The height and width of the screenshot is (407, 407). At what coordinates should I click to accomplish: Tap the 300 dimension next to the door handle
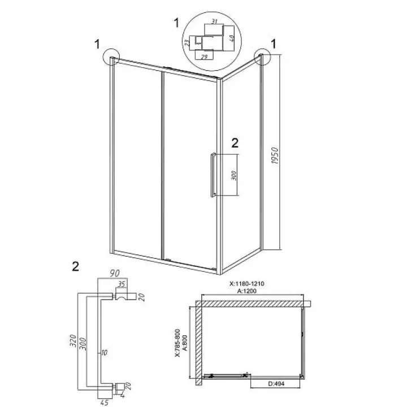pos(233,175)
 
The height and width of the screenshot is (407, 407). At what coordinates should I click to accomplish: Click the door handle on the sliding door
pos(211,175)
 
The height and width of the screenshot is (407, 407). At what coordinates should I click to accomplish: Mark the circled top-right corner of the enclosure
pos(262,57)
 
